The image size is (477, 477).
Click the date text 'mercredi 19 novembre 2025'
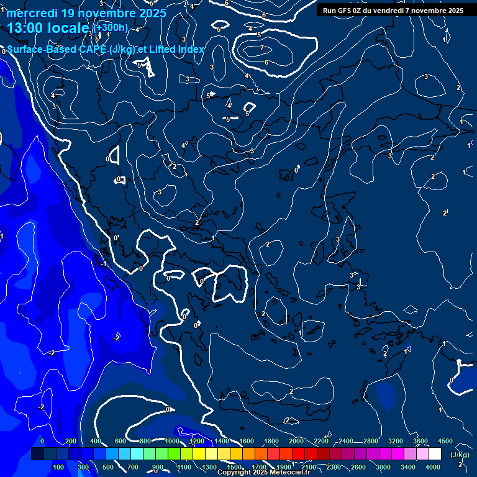tap(86, 13)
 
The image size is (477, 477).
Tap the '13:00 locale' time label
tap(48, 28)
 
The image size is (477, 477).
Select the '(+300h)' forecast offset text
tap(111, 28)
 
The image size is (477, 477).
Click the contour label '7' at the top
tap(262, 48)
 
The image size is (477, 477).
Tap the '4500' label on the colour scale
tap(445, 441)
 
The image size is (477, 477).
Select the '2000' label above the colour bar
tap(296, 441)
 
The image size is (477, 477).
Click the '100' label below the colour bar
tap(59, 467)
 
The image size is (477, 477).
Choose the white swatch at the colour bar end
tap(435, 454)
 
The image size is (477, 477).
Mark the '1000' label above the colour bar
tap(172, 441)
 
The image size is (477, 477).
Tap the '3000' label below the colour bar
tap(383, 467)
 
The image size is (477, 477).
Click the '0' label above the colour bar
tap(42, 441)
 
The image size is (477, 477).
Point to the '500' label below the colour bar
tap(108, 467)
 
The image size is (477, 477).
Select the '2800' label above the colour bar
tap(371, 441)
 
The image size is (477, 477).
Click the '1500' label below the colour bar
tap(234, 467)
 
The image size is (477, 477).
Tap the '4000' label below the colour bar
tap(433, 467)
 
